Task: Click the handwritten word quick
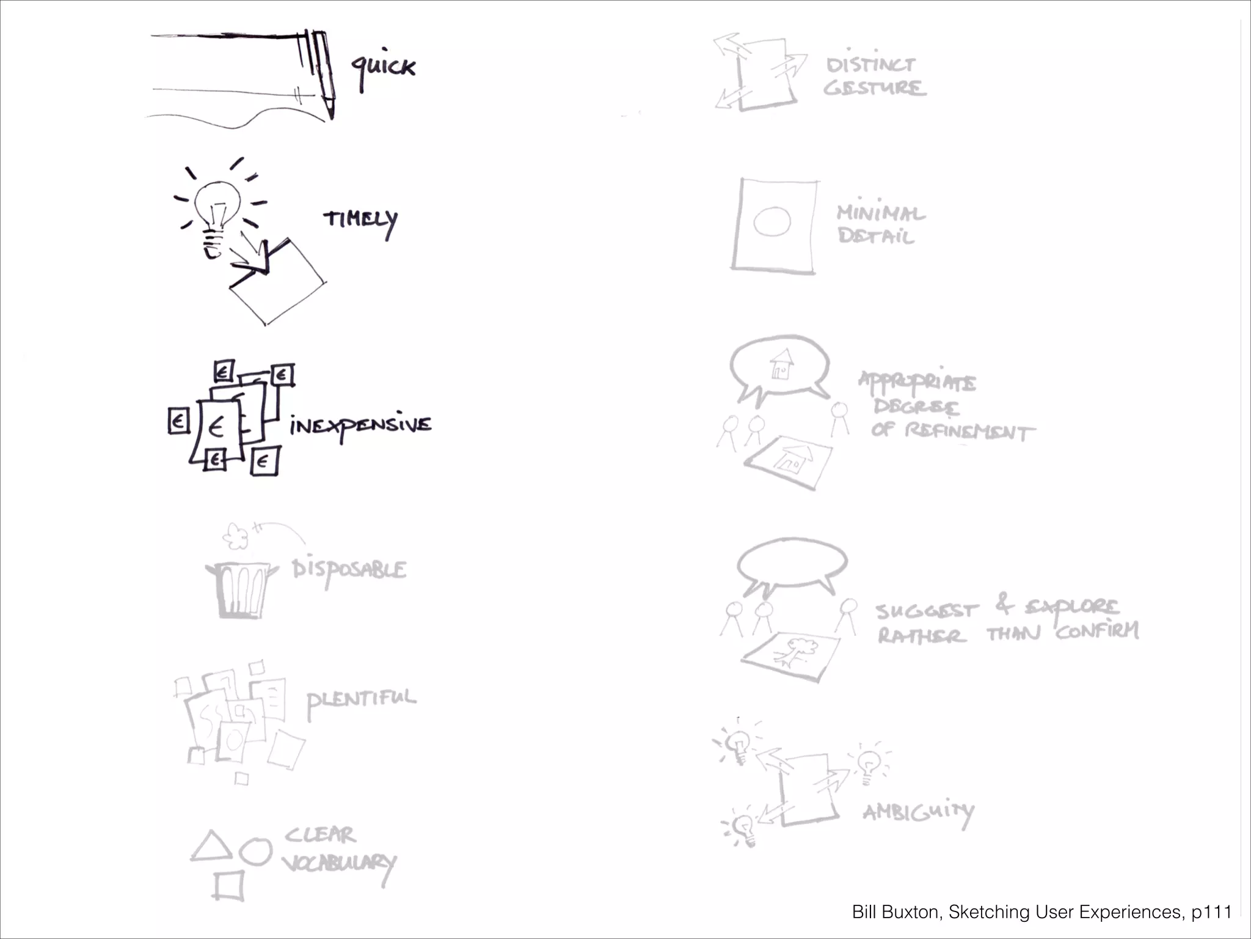point(383,67)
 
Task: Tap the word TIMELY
point(360,219)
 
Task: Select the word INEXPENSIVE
point(360,425)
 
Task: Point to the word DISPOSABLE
point(349,570)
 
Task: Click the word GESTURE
point(875,88)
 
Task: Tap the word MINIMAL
point(880,212)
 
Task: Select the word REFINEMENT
point(969,432)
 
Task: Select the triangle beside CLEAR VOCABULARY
point(211,847)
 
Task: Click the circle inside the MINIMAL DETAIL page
point(772,221)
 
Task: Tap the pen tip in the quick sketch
point(330,110)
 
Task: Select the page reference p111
point(1211,913)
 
